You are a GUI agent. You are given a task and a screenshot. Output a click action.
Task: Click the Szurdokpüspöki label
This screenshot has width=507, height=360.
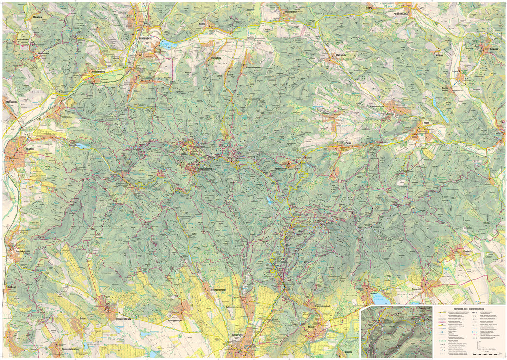[x=21, y=251]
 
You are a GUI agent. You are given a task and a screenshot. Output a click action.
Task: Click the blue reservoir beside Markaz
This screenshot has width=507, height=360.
[x=381, y=300]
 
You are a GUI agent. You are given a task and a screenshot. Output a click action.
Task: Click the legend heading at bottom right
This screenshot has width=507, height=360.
[x=468, y=307]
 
